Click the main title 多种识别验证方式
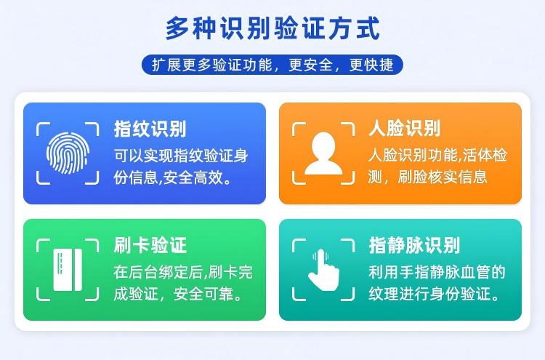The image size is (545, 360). click(x=272, y=29)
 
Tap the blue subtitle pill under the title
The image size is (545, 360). click(x=272, y=64)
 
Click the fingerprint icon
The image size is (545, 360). click(x=67, y=152)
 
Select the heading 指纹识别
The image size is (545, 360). click(x=150, y=129)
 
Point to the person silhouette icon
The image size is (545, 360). click(x=323, y=152)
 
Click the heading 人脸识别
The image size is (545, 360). click(x=404, y=129)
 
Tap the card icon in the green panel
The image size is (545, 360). click(x=67, y=269)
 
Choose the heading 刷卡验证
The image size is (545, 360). click(x=150, y=245)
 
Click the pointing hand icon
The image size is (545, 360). click(x=323, y=269)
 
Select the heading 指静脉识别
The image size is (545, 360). click(x=414, y=245)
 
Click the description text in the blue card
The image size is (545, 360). click(x=181, y=166)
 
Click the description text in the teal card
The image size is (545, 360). click(x=437, y=284)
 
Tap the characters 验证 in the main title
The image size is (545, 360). click(x=294, y=29)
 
